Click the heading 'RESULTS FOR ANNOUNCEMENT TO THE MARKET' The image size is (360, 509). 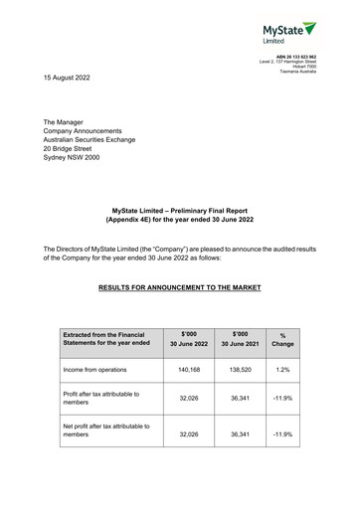tap(180, 287)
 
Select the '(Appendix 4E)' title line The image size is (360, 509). tap(179, 219)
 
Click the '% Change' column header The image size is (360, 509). tap(282, 339)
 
